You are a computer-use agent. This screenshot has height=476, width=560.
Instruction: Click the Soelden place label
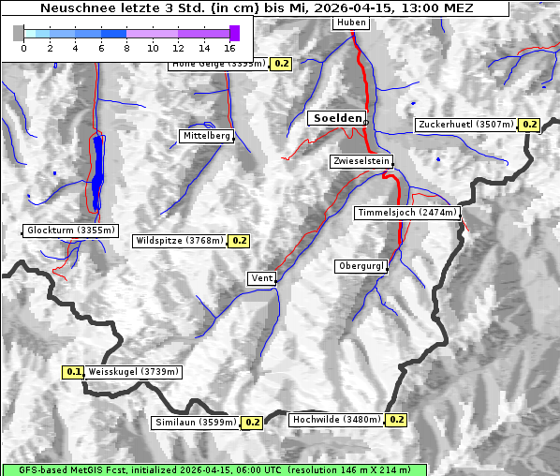(x=336, y=118)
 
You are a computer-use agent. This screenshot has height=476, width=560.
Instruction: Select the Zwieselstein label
(x=361, y=162)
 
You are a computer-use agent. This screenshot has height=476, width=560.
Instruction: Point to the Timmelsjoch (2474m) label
(x=407, y=213)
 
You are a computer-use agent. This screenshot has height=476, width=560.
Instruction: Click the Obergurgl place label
(x=361, y=266)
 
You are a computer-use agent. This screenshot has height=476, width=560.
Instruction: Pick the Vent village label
(x=262, y=278)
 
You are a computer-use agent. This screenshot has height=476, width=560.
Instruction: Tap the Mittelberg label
(x=206, y=136)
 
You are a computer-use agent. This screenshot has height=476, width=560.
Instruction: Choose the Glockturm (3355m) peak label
(x=71, y=231)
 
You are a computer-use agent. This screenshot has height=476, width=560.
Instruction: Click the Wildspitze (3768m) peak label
(x=180, y=241)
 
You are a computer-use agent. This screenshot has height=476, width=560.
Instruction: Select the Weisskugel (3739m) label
(x=133, y=372)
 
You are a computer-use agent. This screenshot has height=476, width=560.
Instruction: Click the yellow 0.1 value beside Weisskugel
(x=73, y=372)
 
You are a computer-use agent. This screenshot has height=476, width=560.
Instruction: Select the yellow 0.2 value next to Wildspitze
(x=239, y=241)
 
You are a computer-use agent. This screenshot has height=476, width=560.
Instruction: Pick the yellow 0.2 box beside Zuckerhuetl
(x=529, y=125)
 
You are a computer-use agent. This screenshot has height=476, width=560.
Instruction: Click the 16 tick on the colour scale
(x=229, y=47)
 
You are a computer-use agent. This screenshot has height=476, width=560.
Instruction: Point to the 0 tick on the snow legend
(x=23, y=47)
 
